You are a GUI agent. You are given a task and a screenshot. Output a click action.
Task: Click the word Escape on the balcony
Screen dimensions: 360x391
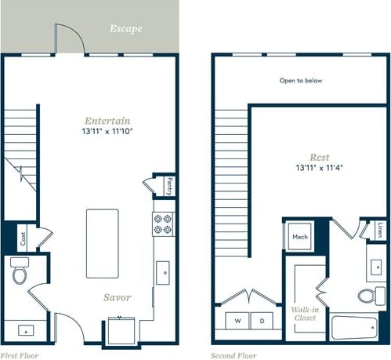pos(125,29)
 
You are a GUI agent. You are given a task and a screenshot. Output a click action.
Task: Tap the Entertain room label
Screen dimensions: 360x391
pos(107,122)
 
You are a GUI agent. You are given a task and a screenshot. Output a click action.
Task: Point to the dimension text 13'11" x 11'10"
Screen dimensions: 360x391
pos(107,133)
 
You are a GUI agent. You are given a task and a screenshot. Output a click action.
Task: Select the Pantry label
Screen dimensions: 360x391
pos(169,187)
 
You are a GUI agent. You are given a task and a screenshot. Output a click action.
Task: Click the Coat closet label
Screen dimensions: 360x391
pos(23,239)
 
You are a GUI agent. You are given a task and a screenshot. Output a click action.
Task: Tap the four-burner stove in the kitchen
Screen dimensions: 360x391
pos(163,225)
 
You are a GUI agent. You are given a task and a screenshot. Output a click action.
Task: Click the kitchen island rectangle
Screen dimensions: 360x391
pos(102,242)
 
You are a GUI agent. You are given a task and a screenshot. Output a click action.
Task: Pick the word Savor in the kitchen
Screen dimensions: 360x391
pos(118,297)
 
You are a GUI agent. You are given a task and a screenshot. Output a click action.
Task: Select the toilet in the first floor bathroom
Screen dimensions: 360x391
pos(20,272)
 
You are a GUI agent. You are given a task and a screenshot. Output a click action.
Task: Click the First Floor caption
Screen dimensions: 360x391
pos(20,355)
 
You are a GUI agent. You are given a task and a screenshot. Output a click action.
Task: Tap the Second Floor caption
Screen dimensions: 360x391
pos(232,355)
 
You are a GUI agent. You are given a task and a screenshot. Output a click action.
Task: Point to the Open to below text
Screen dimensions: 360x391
pos(301,80)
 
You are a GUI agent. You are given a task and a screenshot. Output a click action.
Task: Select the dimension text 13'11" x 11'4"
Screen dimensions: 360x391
pos(320,168)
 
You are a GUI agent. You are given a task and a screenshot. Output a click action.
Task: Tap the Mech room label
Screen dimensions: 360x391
pos(300,236)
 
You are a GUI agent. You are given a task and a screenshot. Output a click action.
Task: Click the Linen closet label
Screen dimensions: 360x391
pos(380,231)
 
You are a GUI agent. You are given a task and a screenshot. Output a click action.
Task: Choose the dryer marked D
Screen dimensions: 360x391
pos(262,321)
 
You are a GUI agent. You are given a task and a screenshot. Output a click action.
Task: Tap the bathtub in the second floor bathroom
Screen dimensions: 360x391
pos(357,327)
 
